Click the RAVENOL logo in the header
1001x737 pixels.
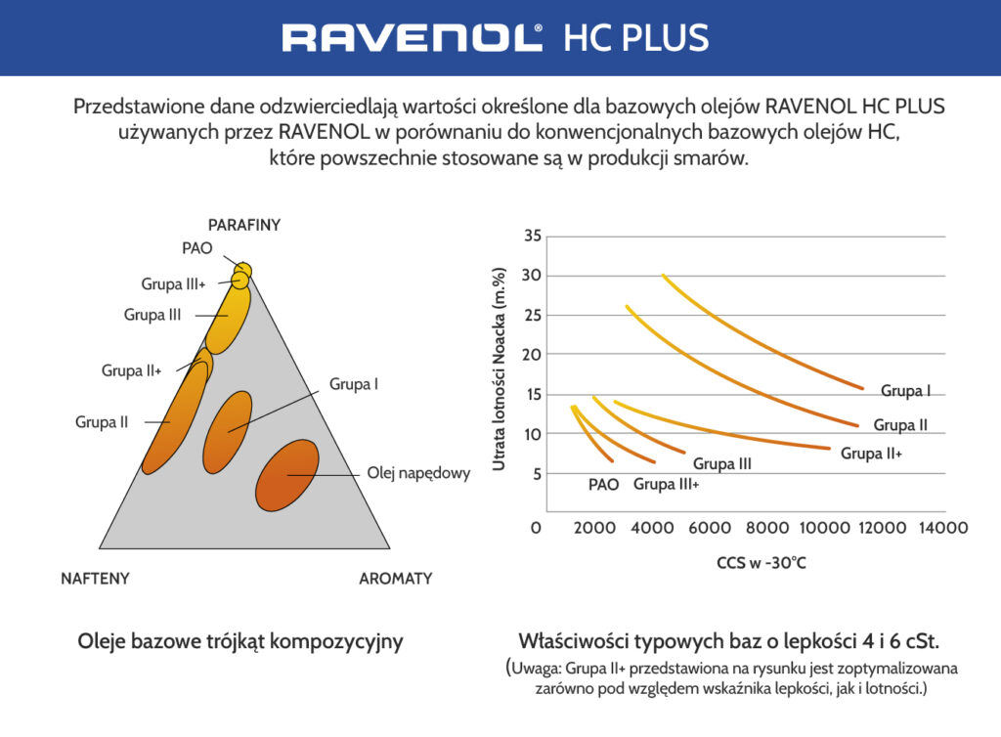point(412,37)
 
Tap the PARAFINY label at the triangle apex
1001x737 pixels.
point(244,225)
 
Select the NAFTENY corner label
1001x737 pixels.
point(88,579)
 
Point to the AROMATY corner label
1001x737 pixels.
point(395,579)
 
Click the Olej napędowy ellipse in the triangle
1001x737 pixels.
point(287,475)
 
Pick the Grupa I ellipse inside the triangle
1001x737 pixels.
point(228,431)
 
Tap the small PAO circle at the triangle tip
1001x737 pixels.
point(242,270)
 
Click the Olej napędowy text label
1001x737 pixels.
point(418,473)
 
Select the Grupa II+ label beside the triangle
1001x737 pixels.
point(131,370)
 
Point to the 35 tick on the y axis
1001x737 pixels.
point(532,237)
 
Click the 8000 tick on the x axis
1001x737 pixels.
point(767,528)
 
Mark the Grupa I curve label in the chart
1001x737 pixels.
point(905,391)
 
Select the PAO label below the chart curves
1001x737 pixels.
point(603,484)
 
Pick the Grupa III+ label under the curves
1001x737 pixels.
point(666,484)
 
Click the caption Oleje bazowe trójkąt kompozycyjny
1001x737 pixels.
point(240,642)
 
